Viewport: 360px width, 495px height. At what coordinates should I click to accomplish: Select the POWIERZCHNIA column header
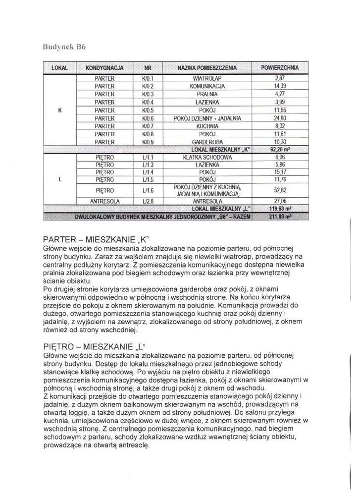(x=280, y=67)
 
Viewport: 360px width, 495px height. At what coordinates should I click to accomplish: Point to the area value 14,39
(x=280, y=86)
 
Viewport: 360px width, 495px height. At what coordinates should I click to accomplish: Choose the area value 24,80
(x=280, y=118)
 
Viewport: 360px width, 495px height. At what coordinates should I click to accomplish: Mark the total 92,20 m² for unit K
(x=280, y=149)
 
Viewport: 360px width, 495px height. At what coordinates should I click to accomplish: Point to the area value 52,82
(x=280, y=189)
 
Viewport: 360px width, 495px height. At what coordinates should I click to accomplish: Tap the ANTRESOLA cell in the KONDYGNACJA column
(x=104, y=202)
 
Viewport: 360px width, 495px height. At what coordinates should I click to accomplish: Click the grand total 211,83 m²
(x=280, y=217)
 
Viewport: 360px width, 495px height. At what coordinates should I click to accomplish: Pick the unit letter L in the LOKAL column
(x=59, y=180)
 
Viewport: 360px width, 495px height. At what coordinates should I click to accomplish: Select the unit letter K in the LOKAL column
(x=59, y=110)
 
